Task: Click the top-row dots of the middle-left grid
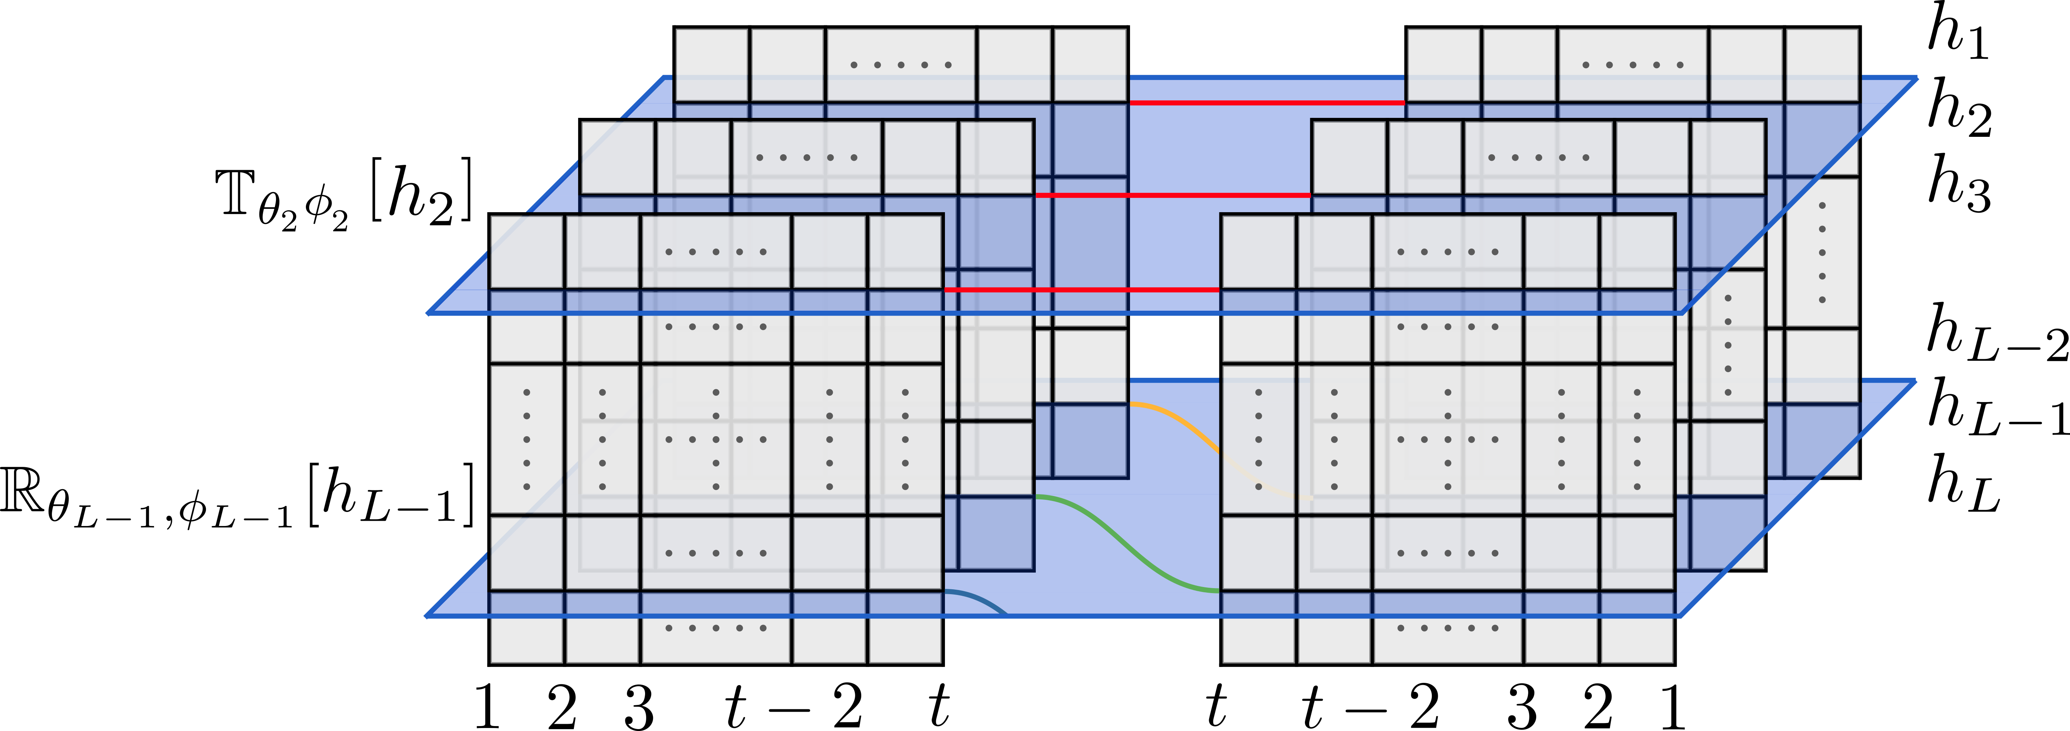(x=807, y=158)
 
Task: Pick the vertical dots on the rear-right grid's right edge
(x=1822, y=252)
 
